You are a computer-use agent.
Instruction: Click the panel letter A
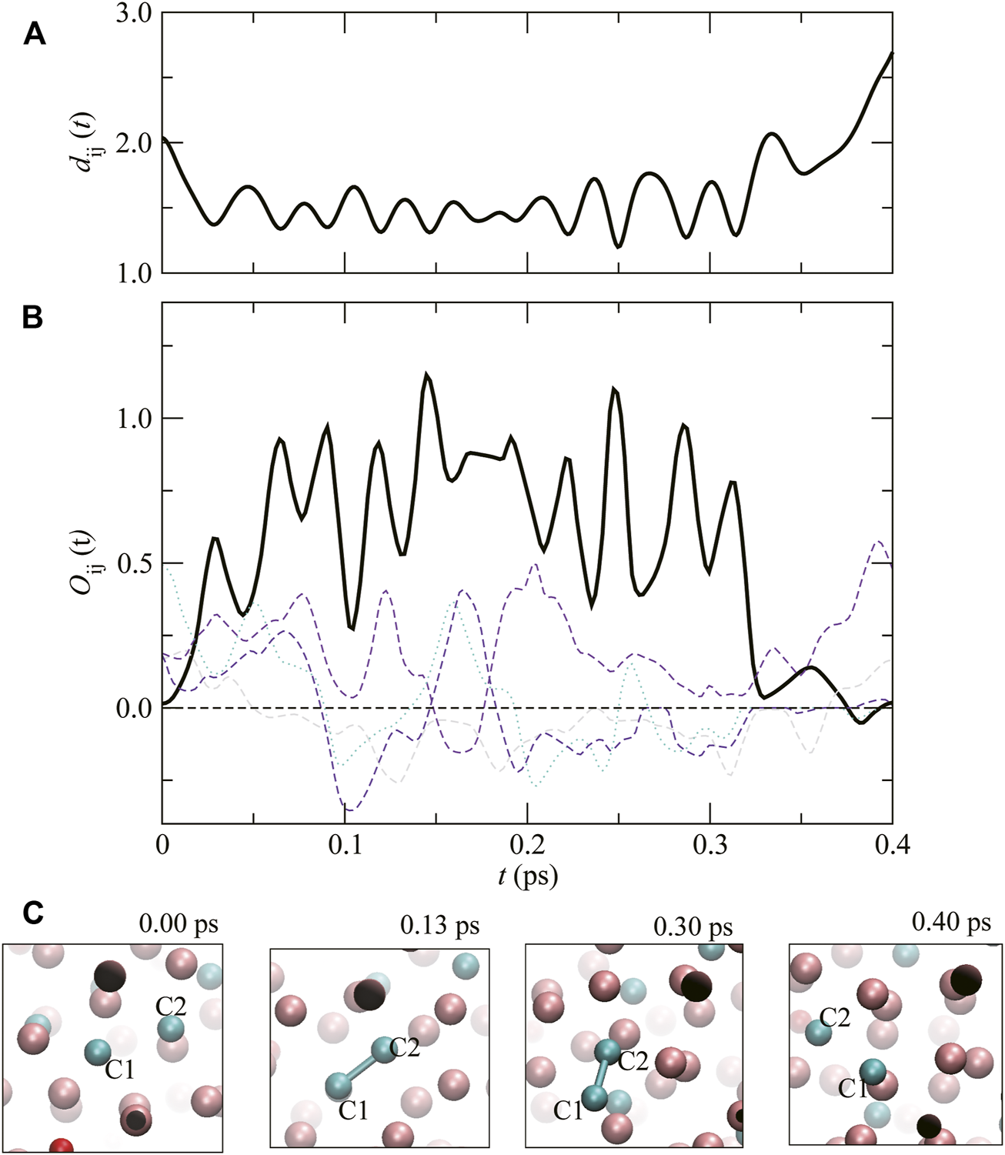pos(35,34)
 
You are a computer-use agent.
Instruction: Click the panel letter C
pos(33,913)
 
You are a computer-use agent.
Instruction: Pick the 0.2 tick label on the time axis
pos(527,846)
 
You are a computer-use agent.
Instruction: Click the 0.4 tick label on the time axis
pos(891,846)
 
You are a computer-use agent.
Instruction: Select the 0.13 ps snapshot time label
pos(439,925)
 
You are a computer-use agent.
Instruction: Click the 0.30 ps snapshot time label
pos(693,926)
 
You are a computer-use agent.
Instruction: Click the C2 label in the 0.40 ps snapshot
pos(834,1017)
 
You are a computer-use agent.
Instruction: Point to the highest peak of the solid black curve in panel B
pos(426,375)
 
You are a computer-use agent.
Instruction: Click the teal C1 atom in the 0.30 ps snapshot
pos(593,1096)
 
